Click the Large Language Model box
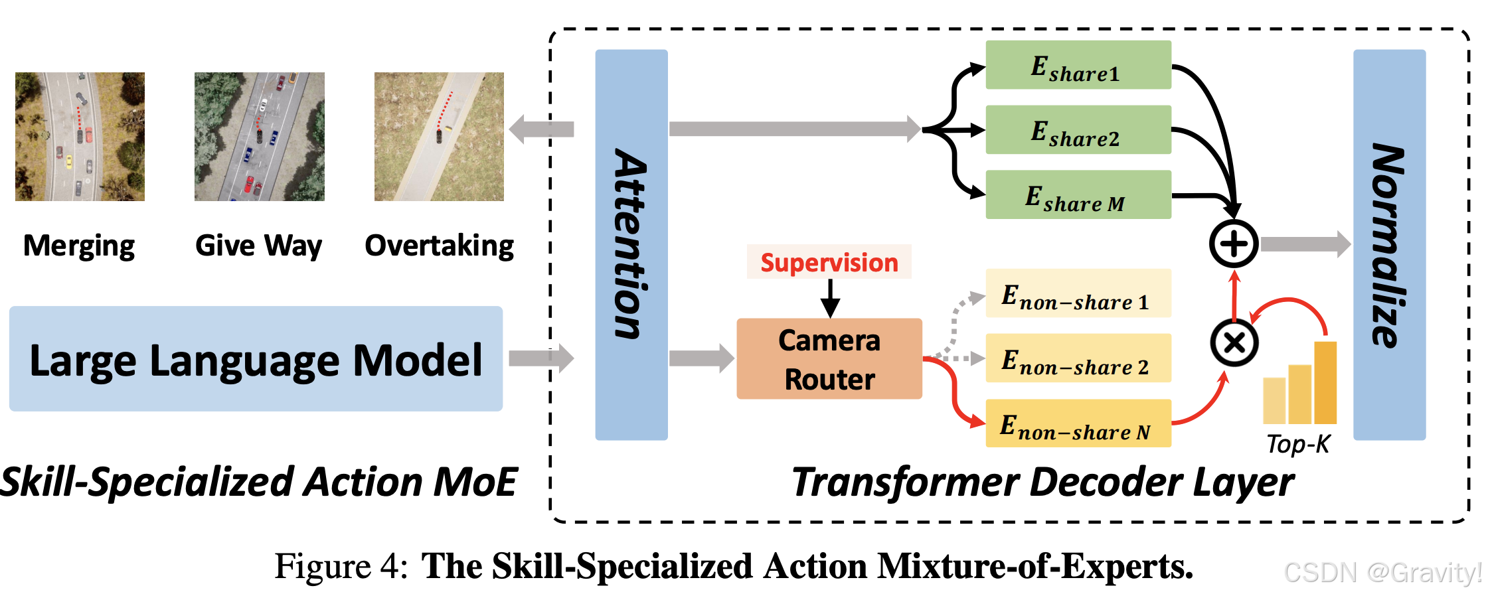point(256,359)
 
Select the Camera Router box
point(829,359)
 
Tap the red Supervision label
point(829,262)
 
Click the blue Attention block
point(631,244)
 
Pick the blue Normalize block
point(1388,244)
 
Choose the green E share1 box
point(1078,65)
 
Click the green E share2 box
point(1078,130)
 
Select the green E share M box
point(1078,195)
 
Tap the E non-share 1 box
point(1078,293)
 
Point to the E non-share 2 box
point(1078,358)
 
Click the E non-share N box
point(1078,423)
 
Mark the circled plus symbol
point(1233,244)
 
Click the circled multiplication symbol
point(1234,342)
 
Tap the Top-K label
point(1297,444)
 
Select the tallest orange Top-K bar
point(1325,382)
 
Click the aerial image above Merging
point(80,137)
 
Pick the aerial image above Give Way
point(259,137)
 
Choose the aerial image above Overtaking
point(439,137)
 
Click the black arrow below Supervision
point(829,299)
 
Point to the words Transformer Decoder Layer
point(1042,482)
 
